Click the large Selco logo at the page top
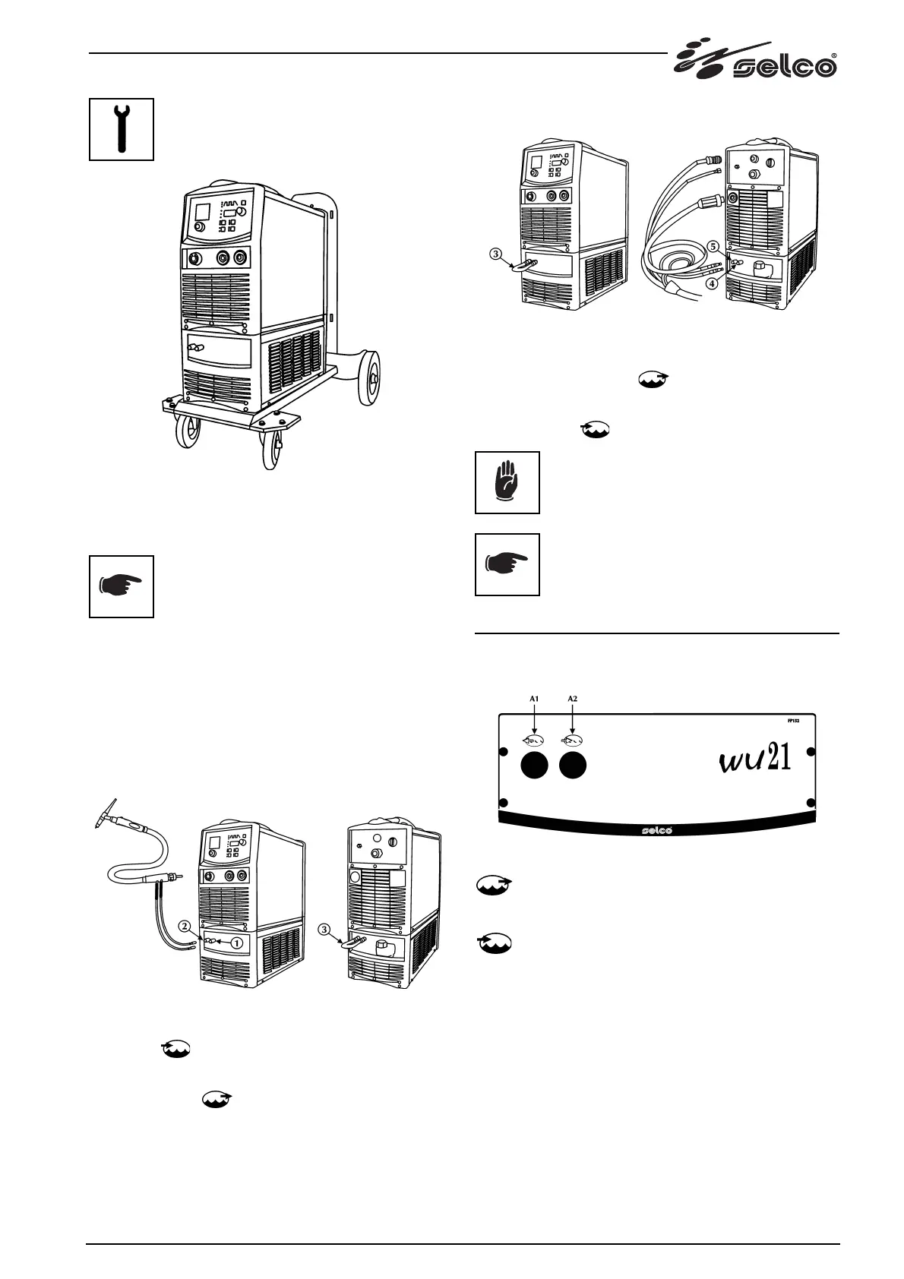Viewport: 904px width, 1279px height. pos(755,61)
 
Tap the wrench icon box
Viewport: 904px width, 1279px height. pos(122,129)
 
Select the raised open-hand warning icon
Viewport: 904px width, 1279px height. pos(507,482)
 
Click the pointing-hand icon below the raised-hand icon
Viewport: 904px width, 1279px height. pos(507,564)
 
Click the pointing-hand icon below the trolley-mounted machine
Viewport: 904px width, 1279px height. pos(122,586)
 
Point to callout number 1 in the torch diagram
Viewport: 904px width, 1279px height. pos(237,942)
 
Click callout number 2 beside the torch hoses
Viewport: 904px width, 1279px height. pos(185,926)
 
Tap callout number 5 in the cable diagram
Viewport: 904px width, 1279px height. pos(713,247)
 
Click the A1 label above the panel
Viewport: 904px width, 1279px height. pos(534,697)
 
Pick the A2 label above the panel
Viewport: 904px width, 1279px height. pos(574,697)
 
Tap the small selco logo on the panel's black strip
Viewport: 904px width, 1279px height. pos(654,829)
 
